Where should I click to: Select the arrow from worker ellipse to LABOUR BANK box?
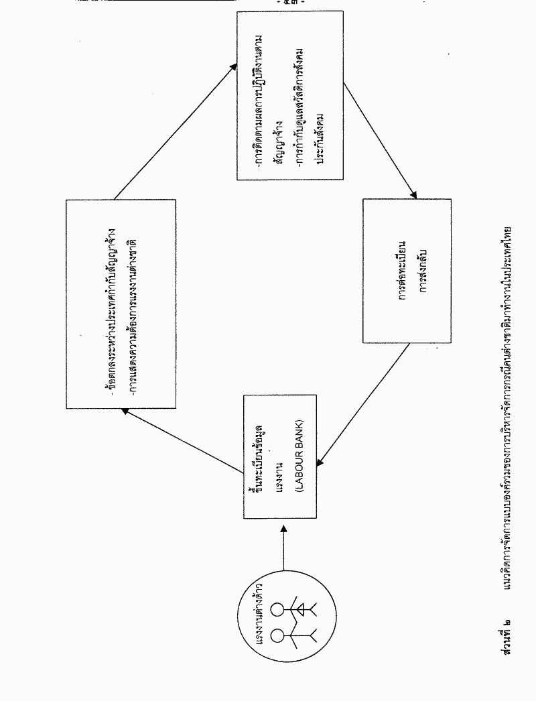pos(284,548)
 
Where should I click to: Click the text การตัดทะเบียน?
pos(404,271)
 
